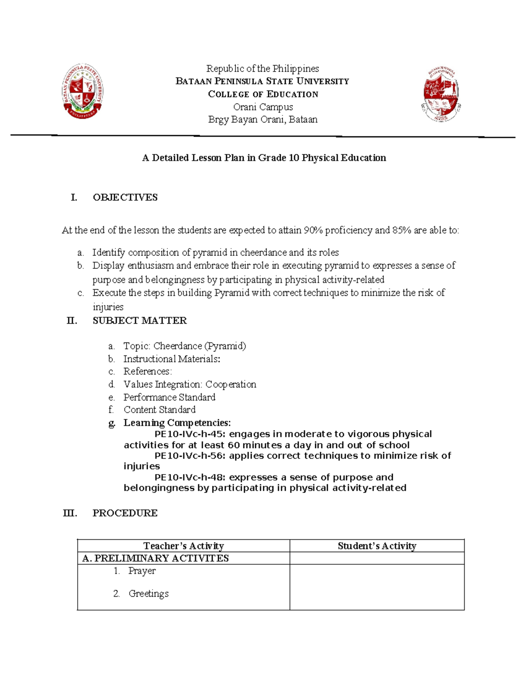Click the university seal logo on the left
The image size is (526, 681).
[x=82, y=91]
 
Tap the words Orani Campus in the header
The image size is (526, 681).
[x=263, y=107]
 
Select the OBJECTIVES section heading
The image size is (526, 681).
[x=125, y=197]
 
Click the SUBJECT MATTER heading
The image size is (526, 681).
[x=139, y=321]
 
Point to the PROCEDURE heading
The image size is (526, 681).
[x=125, y=513]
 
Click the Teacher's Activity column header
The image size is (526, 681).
[x=183, y=546]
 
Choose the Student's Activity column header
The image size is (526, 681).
[x=377, y=546]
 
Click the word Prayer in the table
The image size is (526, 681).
[x=142, y=571]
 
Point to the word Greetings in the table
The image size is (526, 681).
[x=148, y=594]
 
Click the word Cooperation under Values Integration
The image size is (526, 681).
[x=231, y=385]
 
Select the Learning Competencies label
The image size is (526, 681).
[x=177, y=423]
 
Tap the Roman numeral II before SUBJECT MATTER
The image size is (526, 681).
[x=72, y=321]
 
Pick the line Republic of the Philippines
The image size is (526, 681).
[x=263, y=68]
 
